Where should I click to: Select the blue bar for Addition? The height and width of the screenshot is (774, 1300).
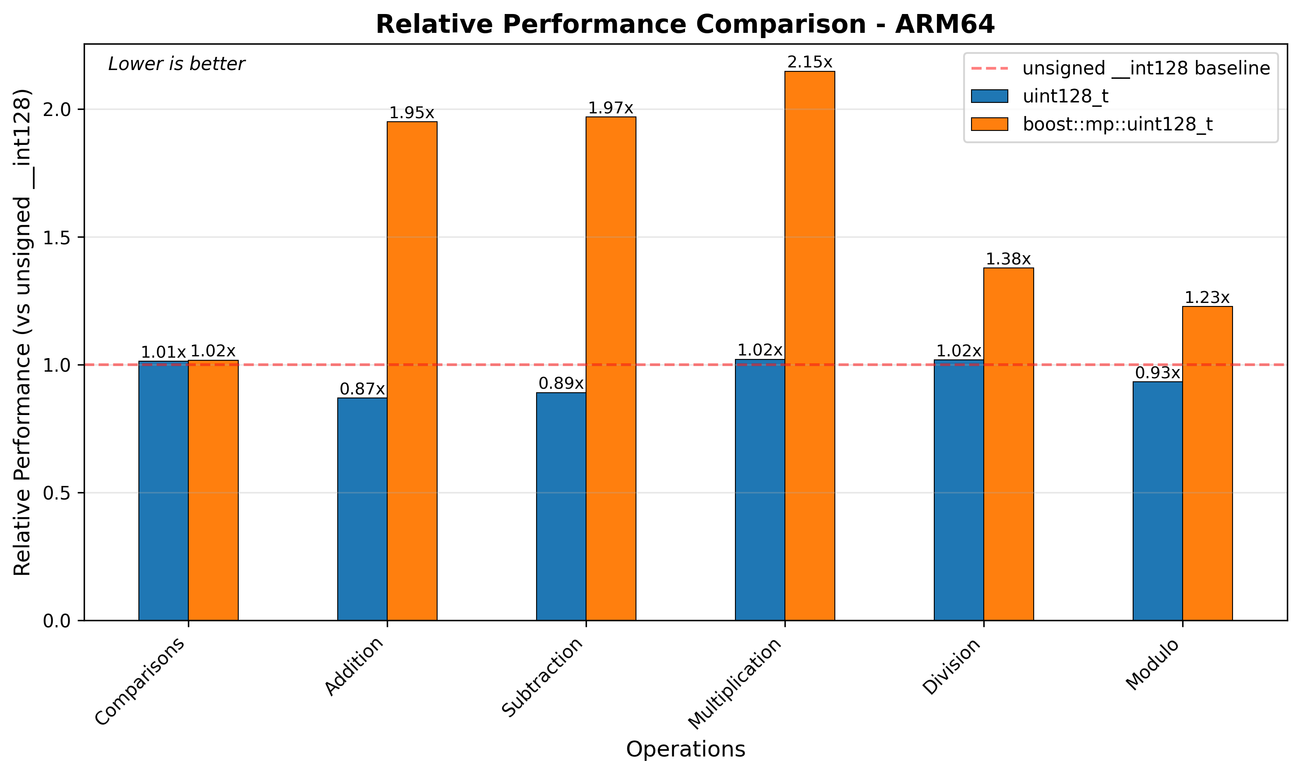[362, 509]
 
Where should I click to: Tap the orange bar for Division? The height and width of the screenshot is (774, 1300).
[1008, 444]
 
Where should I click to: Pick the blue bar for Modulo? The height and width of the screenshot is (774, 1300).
[1157, 501]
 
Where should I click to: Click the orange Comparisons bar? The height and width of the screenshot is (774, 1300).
[213, 490]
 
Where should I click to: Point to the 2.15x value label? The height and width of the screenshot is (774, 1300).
[809, 63]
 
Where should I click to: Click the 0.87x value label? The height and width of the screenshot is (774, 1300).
[362, 389]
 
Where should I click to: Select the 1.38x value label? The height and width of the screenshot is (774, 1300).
[1008, 259]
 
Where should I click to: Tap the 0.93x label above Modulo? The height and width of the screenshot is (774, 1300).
[1157, 373]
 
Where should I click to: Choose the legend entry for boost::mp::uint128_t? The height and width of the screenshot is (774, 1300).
[1117, 124]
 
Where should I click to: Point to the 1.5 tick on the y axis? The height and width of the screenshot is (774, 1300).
[58, 238]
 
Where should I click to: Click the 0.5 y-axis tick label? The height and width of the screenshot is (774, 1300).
[58, 493]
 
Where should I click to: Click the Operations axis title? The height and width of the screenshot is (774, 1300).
[685, 749]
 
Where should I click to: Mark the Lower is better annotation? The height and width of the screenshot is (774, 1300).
[177, 64]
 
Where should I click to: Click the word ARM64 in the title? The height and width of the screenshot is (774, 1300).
[945, 25]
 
